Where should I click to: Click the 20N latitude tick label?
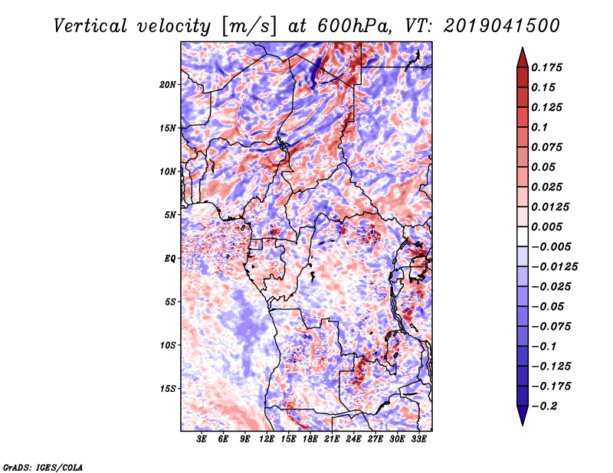(168, 85)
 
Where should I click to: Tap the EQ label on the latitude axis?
(170, 259)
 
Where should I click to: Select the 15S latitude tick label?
(168, 389)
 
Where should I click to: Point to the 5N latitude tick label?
(170, 215)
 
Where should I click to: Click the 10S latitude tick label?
(168, 345)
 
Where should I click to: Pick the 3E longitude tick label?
(202, 439)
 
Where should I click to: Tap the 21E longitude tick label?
(332, 439)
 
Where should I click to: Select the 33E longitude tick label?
(418, 439)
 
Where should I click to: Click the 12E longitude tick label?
(267, 439)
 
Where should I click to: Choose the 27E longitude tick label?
(375, 439)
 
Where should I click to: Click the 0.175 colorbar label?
(546, 67)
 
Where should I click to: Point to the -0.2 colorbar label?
(544, 406)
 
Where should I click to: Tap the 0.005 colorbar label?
(546, 227)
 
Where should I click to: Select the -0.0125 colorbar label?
(554, 267)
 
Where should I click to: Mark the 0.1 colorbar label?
(539, 127)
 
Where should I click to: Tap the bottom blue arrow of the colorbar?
(523, 414)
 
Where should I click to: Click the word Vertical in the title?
(90, 26)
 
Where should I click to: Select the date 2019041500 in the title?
(502, 26)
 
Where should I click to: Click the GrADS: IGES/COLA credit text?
(43, 467)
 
